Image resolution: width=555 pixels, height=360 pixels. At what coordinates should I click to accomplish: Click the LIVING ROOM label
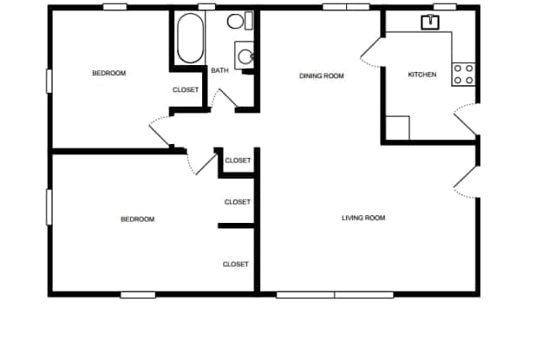pyautogui.click(x=363, y=218)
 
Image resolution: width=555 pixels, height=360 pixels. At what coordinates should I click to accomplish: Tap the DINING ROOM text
pyautogui.click(x=322, y=76)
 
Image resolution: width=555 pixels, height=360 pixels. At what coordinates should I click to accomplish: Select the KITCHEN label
pyautogui.click(x=422, y=75)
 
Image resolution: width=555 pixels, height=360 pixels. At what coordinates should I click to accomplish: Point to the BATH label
pyautogui.click(x=219, y=70)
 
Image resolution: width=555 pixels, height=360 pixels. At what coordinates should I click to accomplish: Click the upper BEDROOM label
pyautogui.click(x=108, y=74)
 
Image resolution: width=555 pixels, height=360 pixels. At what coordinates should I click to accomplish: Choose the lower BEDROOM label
pyautogui.click(x=137, y=219)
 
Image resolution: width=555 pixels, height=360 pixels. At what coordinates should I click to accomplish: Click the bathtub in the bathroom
pyautogui.click(x=189, y=37)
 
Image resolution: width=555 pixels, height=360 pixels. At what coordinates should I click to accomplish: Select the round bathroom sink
pyautogui.click(x=245, y=57)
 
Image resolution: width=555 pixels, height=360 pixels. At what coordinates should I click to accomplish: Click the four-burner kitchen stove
pyautogui.click(x=463, y=74)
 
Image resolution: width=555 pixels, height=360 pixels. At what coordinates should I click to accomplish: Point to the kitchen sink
pyautogui.click(x=429, y=22)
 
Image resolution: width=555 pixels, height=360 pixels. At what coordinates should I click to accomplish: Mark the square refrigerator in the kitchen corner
pyautogui.click(x=397, y=128)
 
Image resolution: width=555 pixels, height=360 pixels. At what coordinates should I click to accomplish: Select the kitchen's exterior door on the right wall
pyautogui.click(x=466, y=120)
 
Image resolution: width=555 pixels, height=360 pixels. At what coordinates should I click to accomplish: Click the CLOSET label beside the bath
pyautogui.click(x=186, y=90)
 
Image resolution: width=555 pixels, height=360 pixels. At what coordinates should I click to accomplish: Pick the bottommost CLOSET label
pyautogui.click(x=236, y=265)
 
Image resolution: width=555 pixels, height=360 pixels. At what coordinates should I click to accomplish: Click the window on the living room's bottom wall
pyautogui.click(x=335, y=295)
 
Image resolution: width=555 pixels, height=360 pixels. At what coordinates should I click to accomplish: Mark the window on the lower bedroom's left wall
pyautogui.click(x=49, y=208)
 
